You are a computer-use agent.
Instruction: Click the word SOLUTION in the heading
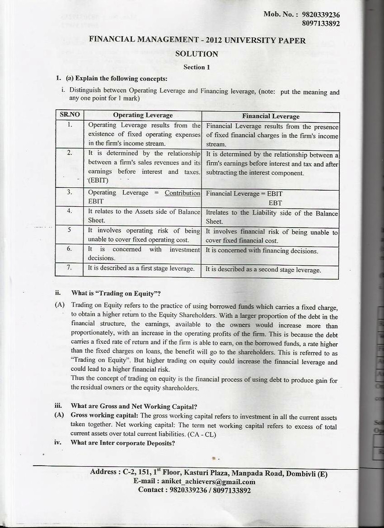coord(197,54)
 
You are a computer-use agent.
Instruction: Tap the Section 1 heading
coord(197,67)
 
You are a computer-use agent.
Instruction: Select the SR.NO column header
coord(70,115)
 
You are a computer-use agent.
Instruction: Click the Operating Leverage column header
coord(143,115)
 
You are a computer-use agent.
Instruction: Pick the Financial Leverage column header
coord(271,116)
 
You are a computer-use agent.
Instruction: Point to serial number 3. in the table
coord(70,192)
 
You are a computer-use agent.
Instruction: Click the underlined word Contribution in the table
coord(182,193)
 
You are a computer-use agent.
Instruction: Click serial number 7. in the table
coord(70,267)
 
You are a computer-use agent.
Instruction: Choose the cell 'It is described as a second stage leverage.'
coord(263,270)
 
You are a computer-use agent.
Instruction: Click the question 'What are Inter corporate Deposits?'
coord(122,443)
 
